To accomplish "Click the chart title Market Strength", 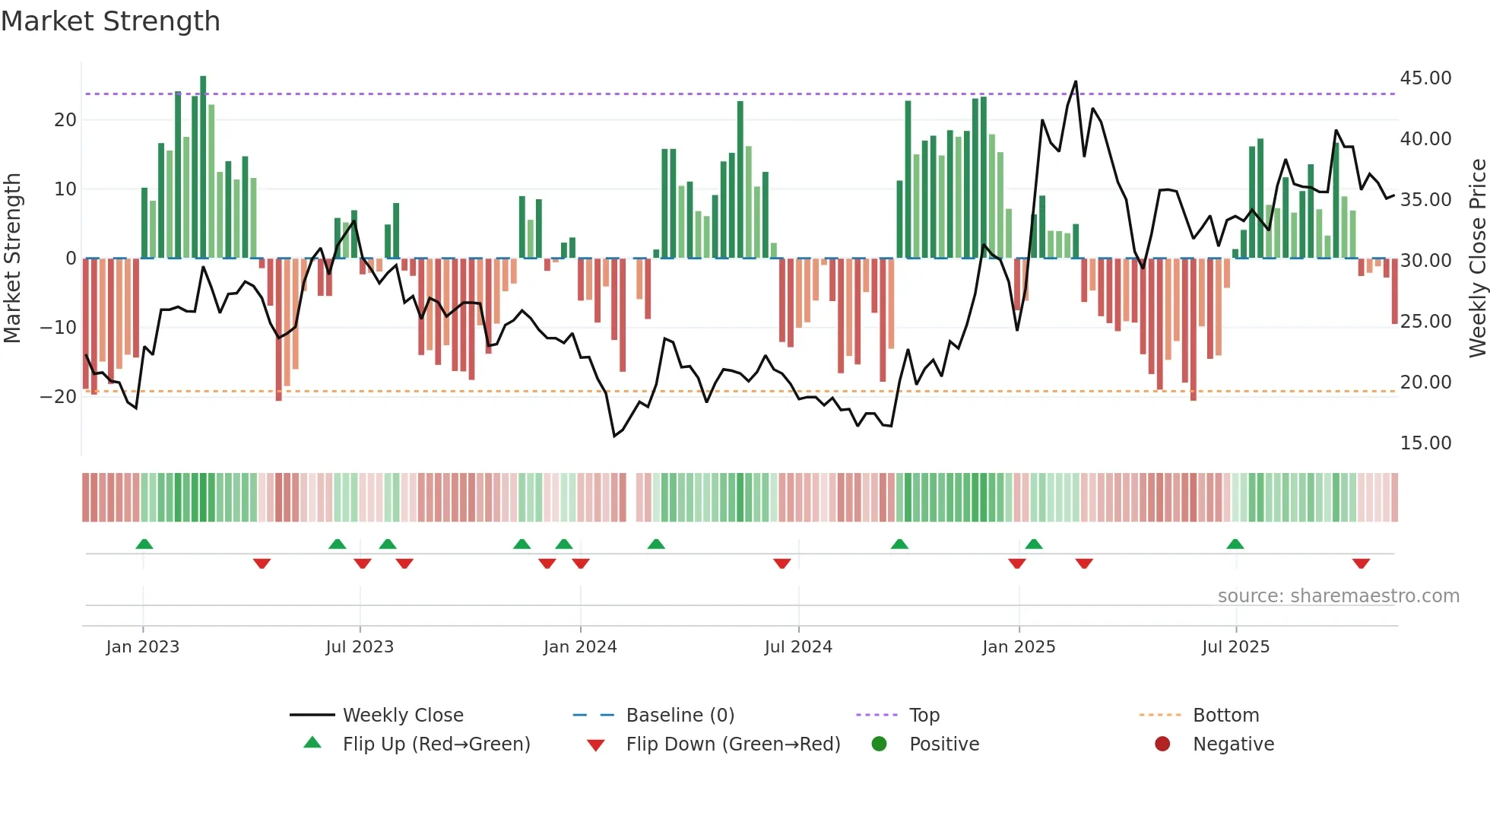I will click(110, 21).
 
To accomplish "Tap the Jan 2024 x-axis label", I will click(580, 647).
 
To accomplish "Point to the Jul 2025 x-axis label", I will click(1235, 647).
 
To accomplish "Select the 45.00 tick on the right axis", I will click(1425, 78).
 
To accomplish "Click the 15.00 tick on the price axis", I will click(1425, 443).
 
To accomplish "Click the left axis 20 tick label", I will click(65, 119).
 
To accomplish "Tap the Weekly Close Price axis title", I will click(1477, 259).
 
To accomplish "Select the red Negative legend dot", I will click(1162, 744).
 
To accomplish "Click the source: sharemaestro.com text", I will click(1338, 596).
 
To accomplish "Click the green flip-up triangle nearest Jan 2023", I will click(144, 544).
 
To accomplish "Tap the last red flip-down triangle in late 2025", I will click(1361, 563).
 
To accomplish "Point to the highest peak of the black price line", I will click(1076, 81).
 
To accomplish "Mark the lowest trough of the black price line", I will click(614, 436).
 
